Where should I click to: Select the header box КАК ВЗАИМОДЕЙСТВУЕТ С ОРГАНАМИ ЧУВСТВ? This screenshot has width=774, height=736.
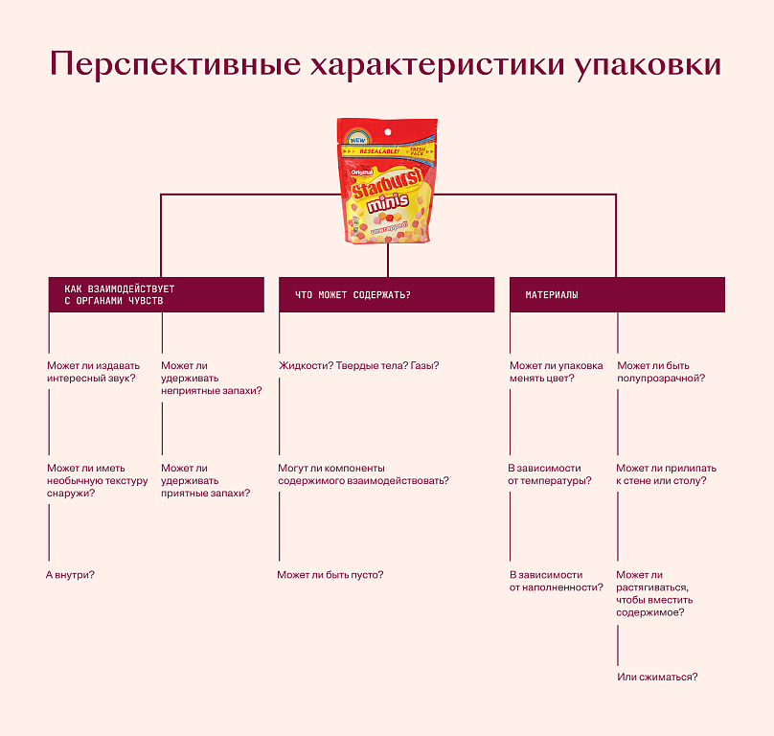click(x=155, y=294)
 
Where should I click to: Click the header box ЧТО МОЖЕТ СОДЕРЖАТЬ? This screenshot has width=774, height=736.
click(x=386, y=294)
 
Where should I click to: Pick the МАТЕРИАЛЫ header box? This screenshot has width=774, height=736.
click(x=616, y=294)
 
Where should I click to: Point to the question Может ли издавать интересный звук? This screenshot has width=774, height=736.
click(x=93, y=371)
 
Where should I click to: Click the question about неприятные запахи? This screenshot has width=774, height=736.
click(x=211, y=378)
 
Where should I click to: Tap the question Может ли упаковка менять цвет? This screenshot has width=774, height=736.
click(x=556, y=371)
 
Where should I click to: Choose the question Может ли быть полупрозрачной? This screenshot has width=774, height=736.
click(x=662, y=371)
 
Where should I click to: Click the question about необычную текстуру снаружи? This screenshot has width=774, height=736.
click(x=97, y=480)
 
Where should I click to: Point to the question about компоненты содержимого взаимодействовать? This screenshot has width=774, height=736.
click(x=363, y=474)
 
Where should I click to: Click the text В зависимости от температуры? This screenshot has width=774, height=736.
click(x=550, y=474)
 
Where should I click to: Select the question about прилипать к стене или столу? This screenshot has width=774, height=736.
click(x=666, y=474)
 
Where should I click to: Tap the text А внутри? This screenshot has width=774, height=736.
click(x=70, y=574)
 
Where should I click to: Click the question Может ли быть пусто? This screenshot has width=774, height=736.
click(x=330, y=574)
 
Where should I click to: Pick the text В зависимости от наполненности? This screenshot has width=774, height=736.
click(x=556, y=581)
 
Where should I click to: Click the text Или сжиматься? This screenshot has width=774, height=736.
click(x=657, y=677)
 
